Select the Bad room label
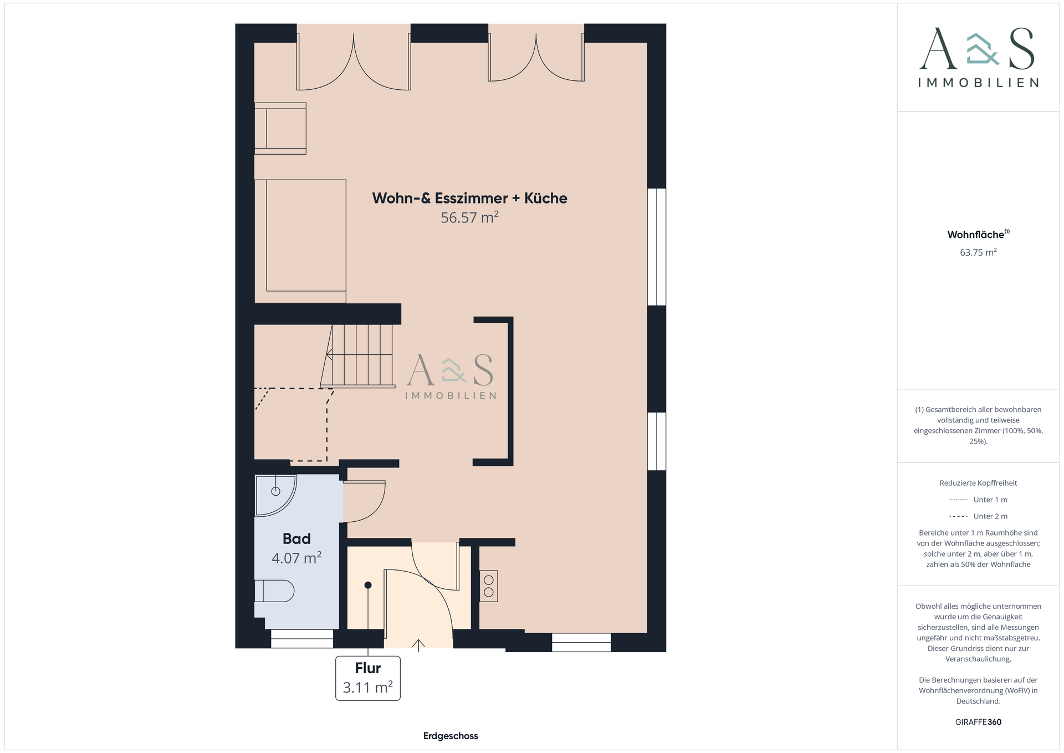[x=296, y=538]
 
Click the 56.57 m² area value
[x=469, y=218]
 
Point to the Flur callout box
[x=368, y=678]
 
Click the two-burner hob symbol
[x=489, y=586]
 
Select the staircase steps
[x=360, y=355]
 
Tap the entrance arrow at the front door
[x=418, y=644]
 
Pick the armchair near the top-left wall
[x=281, y=128]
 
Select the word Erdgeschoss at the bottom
[x=451, y=736]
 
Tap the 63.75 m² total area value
[x=978, y=252]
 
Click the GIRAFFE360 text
[x=978, y=722]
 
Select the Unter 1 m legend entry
[x=990, y=500]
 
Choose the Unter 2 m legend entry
[x=990, y=516]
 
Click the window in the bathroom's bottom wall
[x=302, y=639]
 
